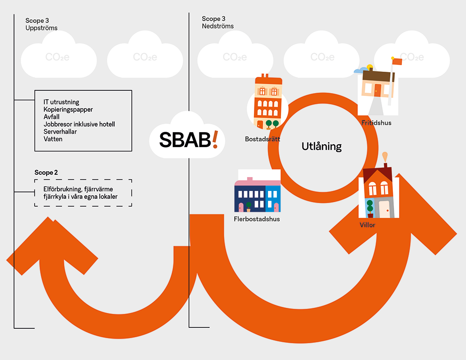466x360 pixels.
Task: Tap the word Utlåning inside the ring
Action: [322, 146]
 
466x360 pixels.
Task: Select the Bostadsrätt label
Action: [262, 139]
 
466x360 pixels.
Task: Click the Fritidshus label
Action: [376, 123]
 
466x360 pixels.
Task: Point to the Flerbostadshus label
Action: [257, 218]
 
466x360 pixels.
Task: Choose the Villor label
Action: [367, 225]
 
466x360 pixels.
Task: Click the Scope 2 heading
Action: [46, 172]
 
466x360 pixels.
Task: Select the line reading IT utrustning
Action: [62, 102]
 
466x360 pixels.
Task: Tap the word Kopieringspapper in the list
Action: [68, 109]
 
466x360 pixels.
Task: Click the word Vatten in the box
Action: [53, 139]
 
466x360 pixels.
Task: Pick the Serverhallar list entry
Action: [60, 131]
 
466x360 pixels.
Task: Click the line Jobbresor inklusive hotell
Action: [79, 124]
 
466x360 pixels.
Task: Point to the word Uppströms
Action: [41, 28]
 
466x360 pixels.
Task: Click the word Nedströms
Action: [218, 26]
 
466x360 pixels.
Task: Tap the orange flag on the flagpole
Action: [397, 61]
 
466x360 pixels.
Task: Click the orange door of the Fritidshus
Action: [377, 90]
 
